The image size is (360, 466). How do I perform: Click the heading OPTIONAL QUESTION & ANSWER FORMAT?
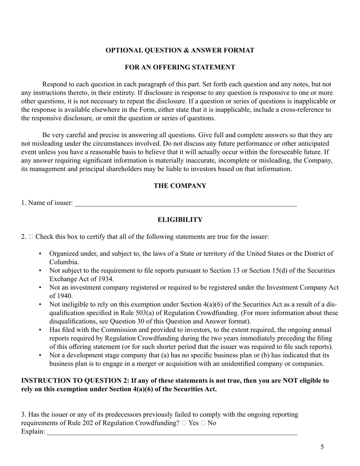point(180,50)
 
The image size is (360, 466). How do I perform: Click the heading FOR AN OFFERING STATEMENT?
point(180,67)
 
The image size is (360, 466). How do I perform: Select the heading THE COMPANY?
point(180,186)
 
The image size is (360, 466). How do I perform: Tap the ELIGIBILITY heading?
point(180,220)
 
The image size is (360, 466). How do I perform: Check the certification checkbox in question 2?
point(31,237)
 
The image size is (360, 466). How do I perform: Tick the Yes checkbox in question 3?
point(184,423)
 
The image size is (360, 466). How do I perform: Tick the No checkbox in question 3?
point(203,423)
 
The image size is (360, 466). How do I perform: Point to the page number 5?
point(322,447)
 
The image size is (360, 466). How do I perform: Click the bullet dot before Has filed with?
point(41,330)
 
